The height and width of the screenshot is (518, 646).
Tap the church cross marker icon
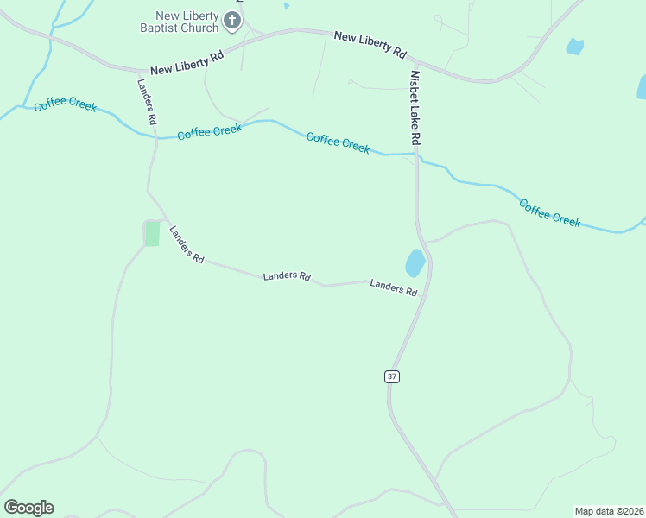(232, 20)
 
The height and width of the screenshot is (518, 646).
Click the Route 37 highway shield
(392, 376)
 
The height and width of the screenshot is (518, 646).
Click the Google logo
(28, 507)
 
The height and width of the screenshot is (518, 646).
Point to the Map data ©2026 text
(609, 511)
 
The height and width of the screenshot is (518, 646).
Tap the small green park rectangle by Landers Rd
(152, 233)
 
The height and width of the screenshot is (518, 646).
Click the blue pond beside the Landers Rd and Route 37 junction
(415, 262)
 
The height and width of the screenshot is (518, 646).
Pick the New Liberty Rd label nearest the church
(187, 61)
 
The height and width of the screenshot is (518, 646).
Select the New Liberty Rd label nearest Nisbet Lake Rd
(370, 44)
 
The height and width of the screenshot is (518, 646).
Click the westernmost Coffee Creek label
(65, 106)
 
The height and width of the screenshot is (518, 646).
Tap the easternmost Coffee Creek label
(549, 212)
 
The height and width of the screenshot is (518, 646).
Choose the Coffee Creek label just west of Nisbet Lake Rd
(338, 143)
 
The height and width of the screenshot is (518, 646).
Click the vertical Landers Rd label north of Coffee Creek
(147, 103)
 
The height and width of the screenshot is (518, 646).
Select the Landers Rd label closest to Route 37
(394, 287)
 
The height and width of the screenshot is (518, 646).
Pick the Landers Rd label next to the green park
(186, 245)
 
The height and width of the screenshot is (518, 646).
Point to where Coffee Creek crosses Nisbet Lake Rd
(416, 155)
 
